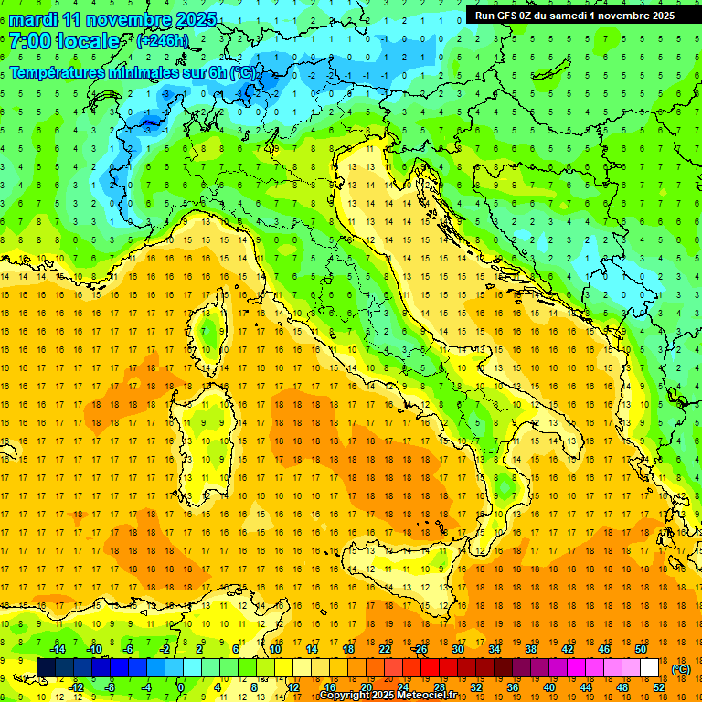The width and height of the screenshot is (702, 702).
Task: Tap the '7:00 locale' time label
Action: [64, 41]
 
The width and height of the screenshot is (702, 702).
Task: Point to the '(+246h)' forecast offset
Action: [164, 41]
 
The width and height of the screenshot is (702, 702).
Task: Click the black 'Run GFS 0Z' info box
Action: [575, 15]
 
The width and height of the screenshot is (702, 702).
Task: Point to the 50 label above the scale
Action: [640, 649]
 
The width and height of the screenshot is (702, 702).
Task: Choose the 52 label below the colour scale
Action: [659, 687]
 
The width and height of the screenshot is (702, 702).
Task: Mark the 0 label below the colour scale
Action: [180, 687]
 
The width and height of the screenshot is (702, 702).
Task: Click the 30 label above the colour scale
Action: [457, 649]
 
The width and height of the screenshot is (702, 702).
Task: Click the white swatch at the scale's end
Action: [650, 668]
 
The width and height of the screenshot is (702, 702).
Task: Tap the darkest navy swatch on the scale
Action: [47, 668]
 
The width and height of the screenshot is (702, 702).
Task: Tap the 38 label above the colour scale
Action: [530, 649]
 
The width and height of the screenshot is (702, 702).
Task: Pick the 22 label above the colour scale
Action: [384, 649]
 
